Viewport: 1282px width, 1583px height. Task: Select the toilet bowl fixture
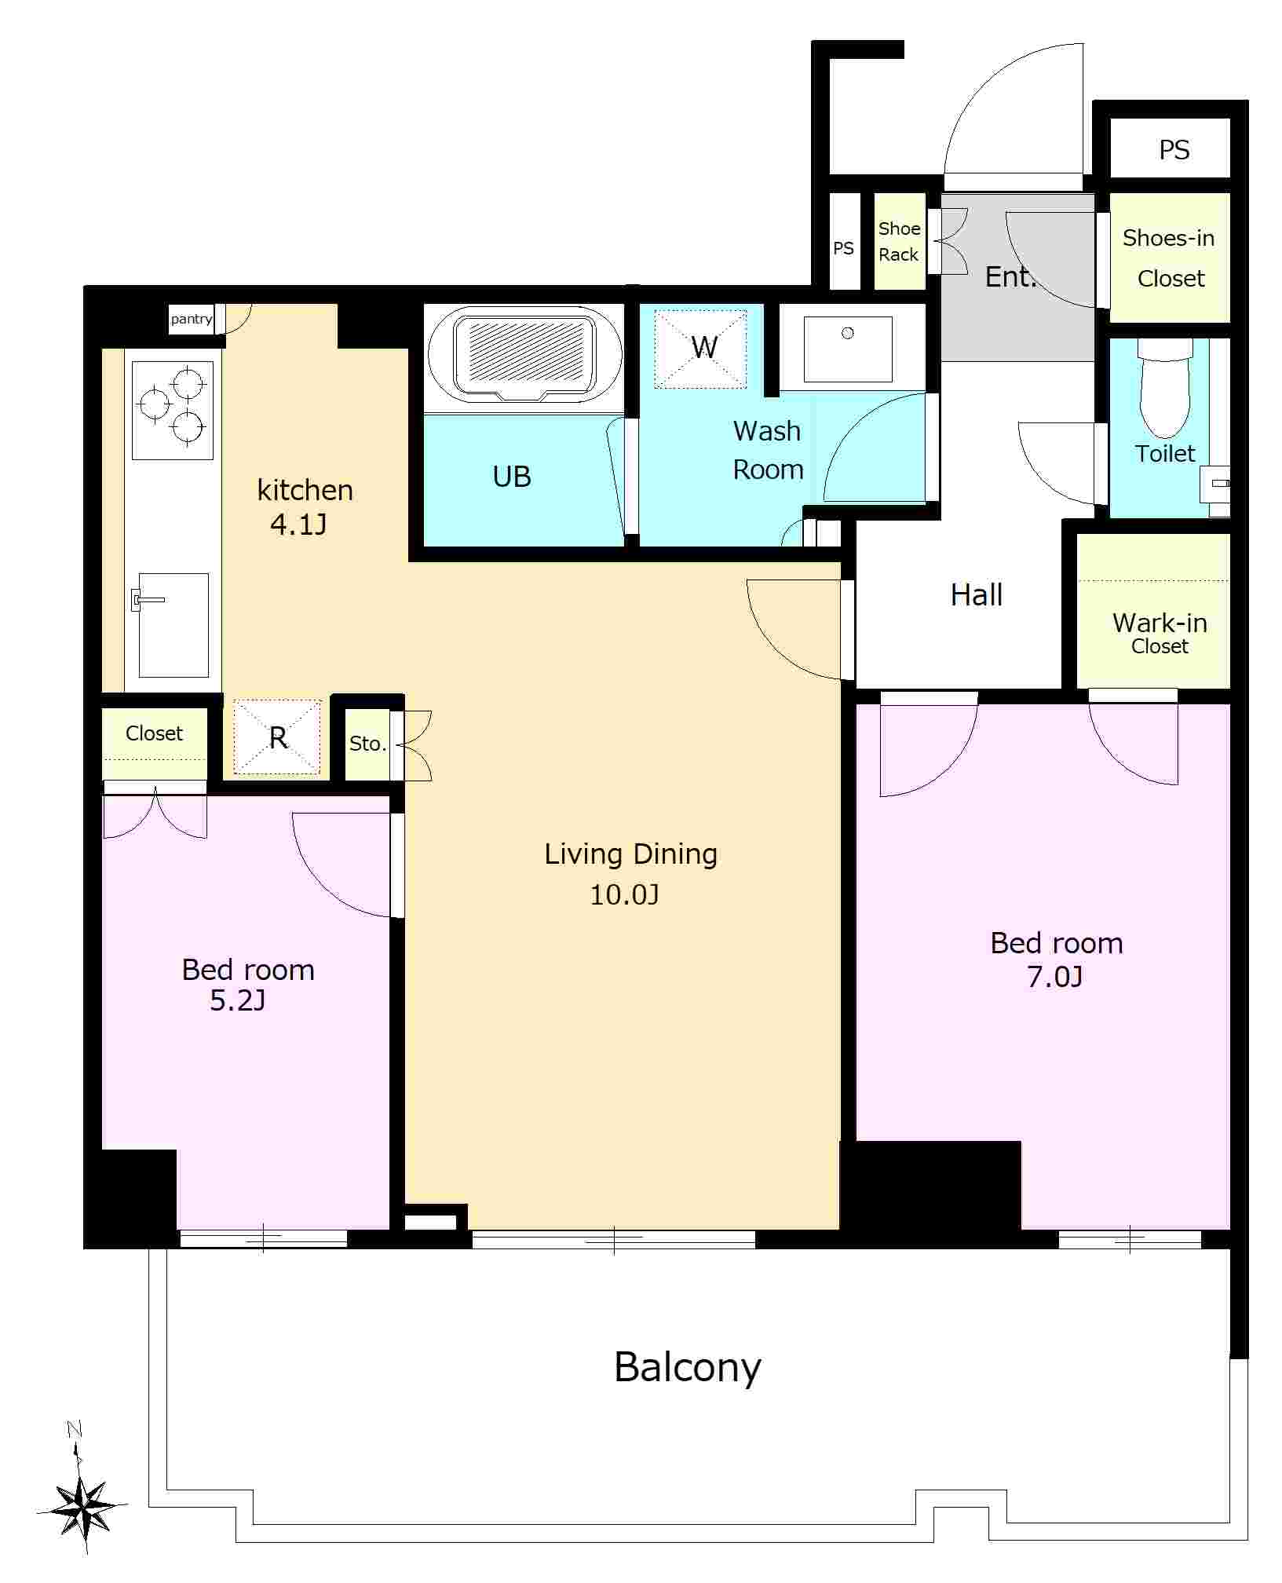click(x=1165, y=388)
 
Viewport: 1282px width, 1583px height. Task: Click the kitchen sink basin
click(x=173, y=625)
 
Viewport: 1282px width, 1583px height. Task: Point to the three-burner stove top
click(x=173, y=410)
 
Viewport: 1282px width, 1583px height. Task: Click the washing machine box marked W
click(x=701, y=349)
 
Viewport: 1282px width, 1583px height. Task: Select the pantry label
click(x=192, y=319)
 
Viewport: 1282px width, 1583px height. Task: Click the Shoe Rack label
click(x=899, y=242)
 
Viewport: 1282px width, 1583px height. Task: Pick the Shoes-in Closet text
click(x=1169, y=258)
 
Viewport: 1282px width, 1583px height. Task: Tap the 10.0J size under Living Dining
click(x=624, y=894)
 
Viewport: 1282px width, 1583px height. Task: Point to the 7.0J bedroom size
click(x=1055, y=977)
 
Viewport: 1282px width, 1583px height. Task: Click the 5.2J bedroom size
click(x=238, y=1000)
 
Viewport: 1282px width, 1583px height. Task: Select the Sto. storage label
click(x=367, y=744)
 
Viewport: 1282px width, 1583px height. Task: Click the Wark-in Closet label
click(x=1160, y=633)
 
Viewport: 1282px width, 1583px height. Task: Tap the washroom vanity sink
click(x=848, y=349)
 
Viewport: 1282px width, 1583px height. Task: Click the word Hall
click(x=977, y=594)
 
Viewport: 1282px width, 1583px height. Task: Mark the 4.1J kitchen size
click(x=298, y=524)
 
